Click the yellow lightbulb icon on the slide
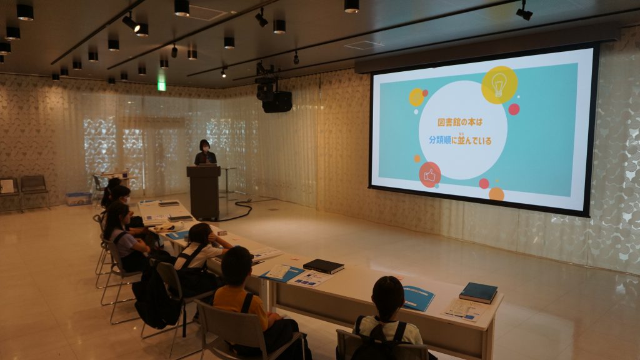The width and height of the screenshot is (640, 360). click(x=499, y=85)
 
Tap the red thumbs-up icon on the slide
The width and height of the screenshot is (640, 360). click(x=430, y=175)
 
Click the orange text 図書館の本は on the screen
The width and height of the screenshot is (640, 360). click(x=459, y=122)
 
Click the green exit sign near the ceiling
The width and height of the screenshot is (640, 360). click(x=162, y=86)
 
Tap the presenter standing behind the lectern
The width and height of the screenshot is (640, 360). click(x=205, y=152)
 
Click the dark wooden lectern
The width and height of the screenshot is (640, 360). click(x=204, y=192)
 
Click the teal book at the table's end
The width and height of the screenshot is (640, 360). click(x=478, y=292)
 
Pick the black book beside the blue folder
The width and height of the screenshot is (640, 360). click(x=324, y=266)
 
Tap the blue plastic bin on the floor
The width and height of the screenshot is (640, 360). click(x=78, y=199)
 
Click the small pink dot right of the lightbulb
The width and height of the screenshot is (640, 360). click(x=514, y=109)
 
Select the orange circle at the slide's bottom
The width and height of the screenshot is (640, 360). click(x=496, y=194)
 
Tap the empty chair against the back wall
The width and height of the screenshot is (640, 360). click(x=34, y=190)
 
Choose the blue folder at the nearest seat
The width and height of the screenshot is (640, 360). click(x=417, y=298)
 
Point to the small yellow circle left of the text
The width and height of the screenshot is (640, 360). click(x=416, y=97)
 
